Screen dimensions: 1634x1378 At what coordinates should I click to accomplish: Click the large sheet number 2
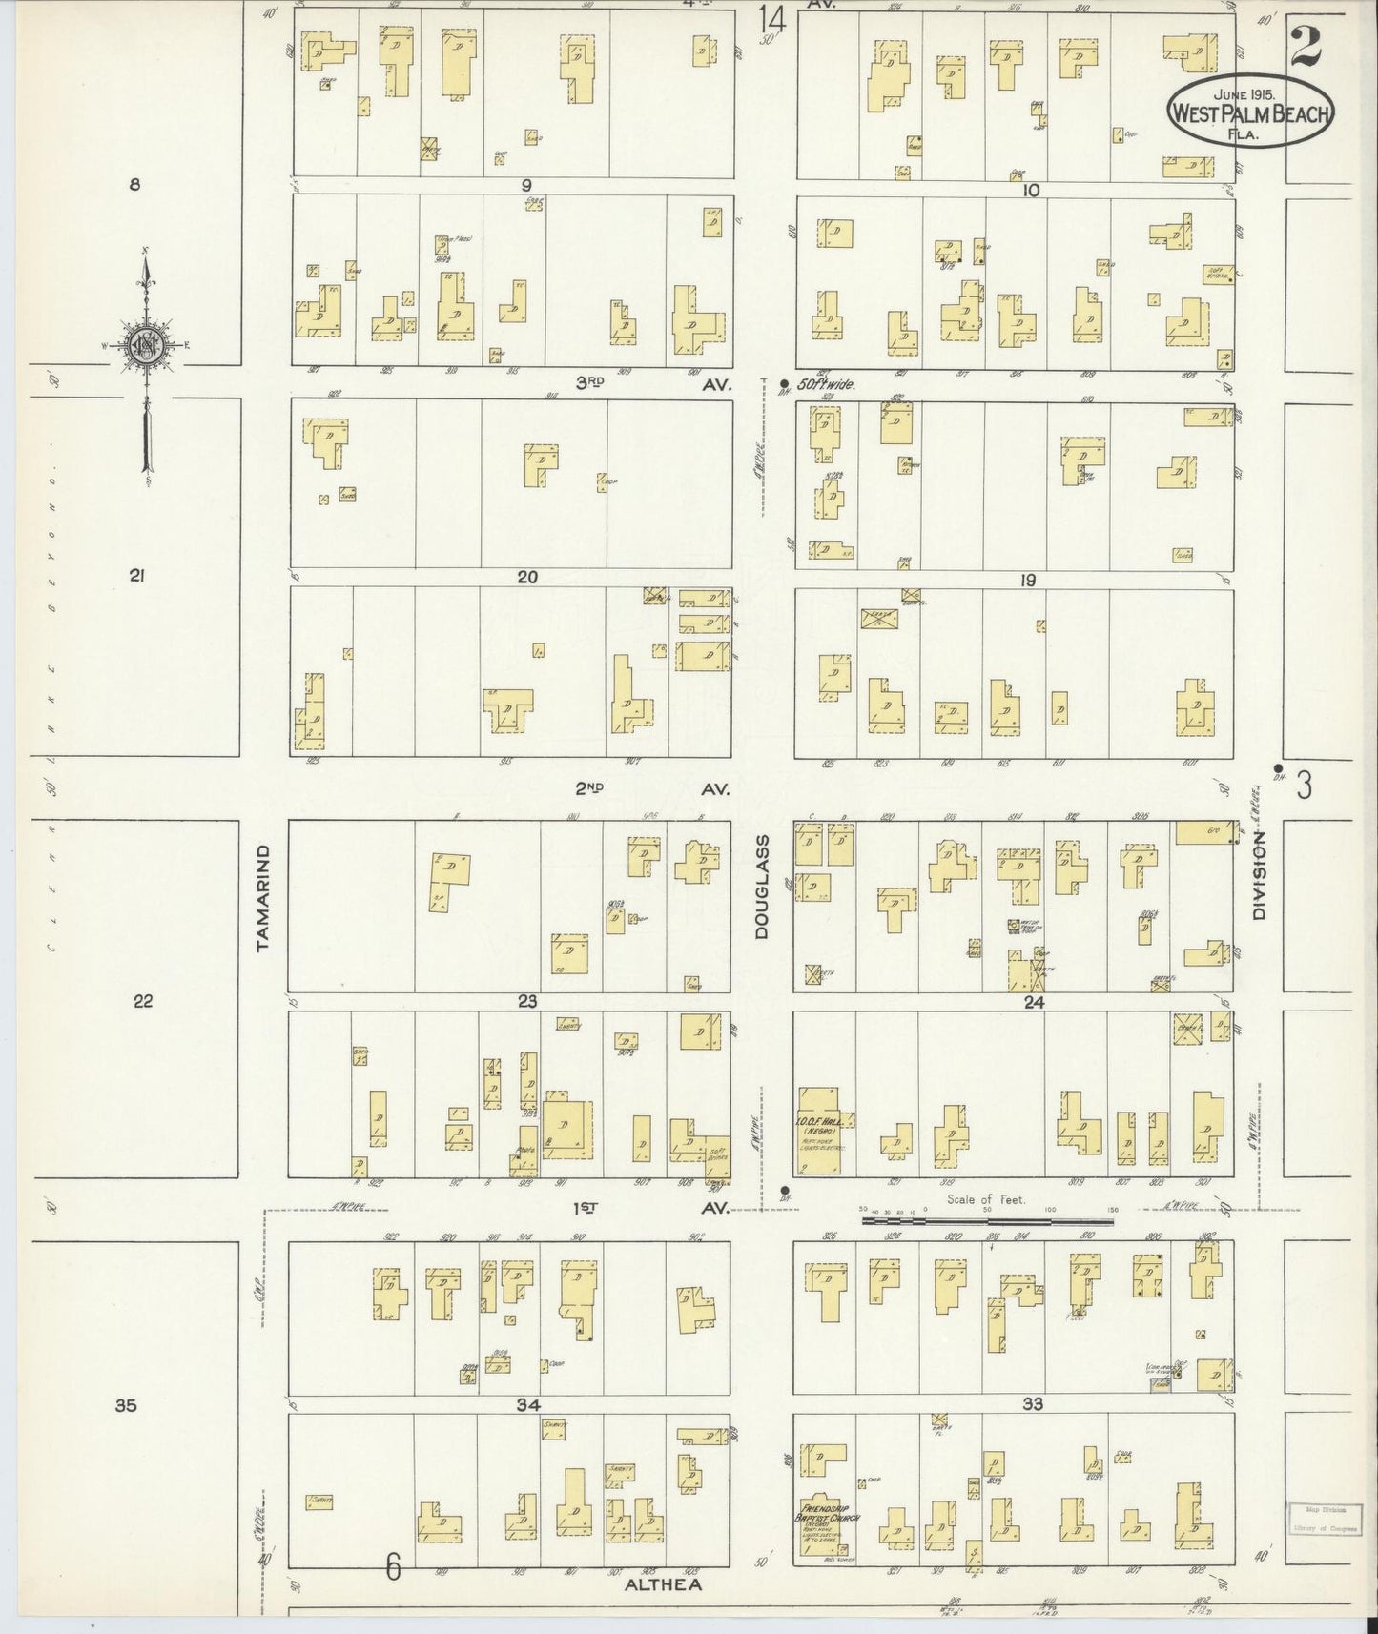click(x=1312, y=45)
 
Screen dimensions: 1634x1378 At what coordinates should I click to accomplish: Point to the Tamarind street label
click(x=264, y=897)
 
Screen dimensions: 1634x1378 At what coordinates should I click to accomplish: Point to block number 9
click(x=525, y=185)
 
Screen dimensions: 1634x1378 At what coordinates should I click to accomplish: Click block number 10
click(x=1030, y=191)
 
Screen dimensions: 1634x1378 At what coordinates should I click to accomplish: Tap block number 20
click(x=527, y=577)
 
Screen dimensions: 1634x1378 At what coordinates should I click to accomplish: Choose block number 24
click(x=1034, y=1002)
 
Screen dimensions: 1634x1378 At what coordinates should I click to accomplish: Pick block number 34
click(x=527, y=1404)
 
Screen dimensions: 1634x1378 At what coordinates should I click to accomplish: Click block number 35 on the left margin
click(x=126, y=1404)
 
